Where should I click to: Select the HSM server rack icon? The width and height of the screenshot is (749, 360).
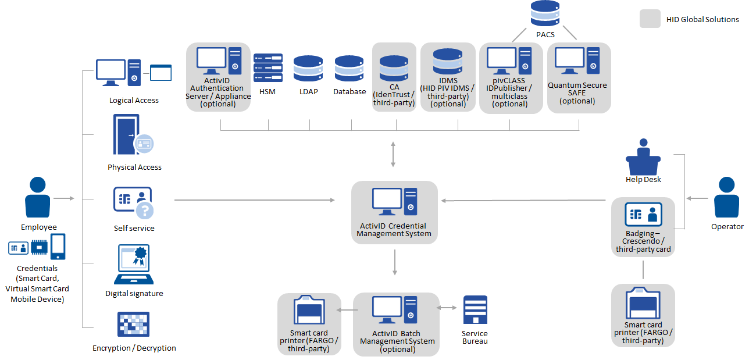click(268, 67)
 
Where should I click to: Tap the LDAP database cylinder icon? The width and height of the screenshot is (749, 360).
click(308, 68)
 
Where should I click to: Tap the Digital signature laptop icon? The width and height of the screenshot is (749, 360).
click(134, 264)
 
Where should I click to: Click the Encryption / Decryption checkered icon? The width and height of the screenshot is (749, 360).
click(134, 325)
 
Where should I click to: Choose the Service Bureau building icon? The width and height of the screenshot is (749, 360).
click(475, 309)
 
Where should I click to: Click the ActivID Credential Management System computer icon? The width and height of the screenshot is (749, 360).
click(395, 201)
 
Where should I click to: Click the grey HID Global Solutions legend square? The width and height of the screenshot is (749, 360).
click(650, 19)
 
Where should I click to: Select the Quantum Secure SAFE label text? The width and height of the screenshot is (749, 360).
click(577, 93)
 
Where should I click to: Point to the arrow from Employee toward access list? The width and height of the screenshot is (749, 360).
click(64, 198)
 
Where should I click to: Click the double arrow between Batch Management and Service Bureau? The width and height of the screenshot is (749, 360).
click(447, 308)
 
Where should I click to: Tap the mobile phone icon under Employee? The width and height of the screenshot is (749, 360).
click(58, 247)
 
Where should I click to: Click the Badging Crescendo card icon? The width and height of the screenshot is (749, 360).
click(643, 215)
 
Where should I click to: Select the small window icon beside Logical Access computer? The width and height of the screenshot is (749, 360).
click(161, 73)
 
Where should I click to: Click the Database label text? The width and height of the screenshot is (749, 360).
click(349, 91)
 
